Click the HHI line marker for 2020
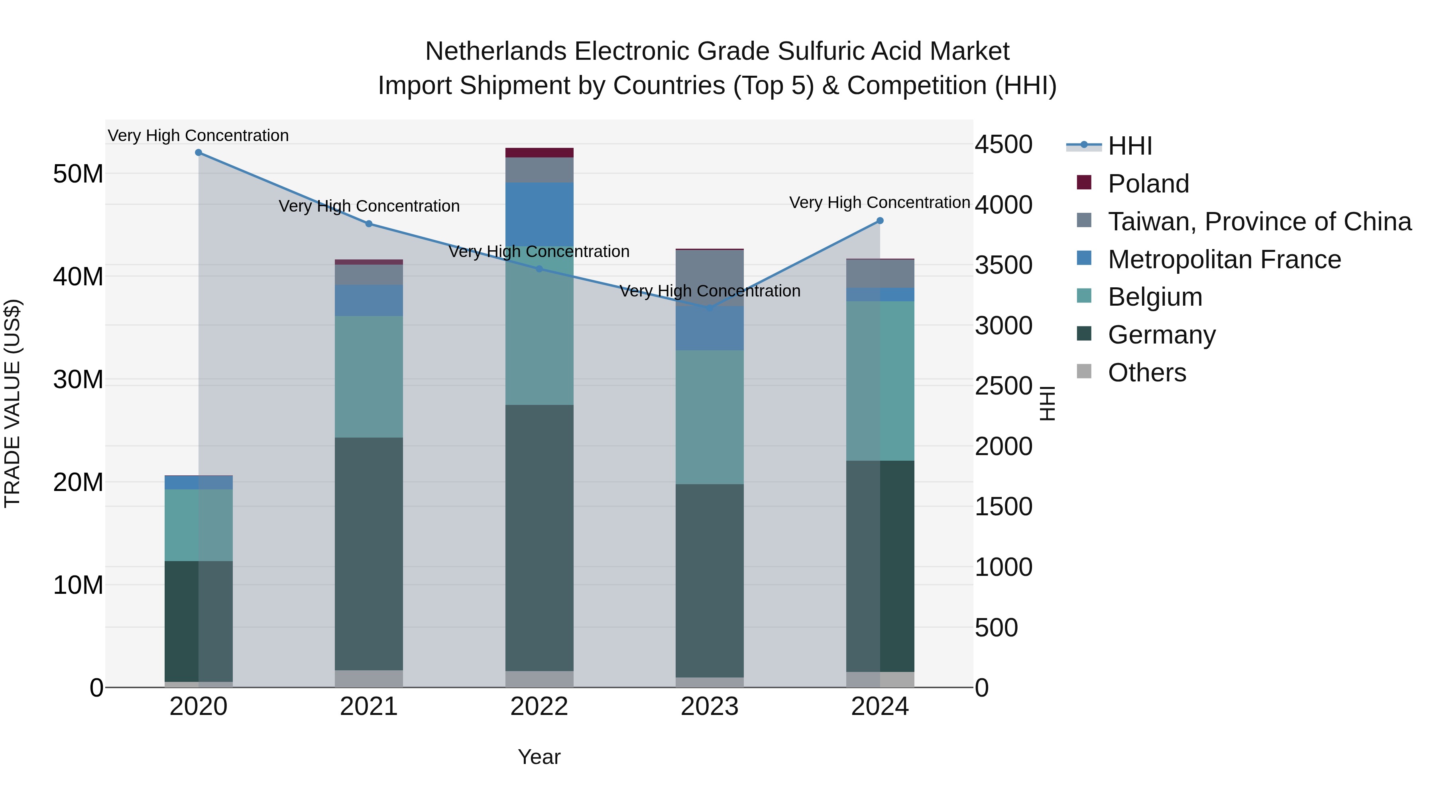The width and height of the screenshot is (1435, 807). (x=199, y=153)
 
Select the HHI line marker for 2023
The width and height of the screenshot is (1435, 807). (x=709, y=308)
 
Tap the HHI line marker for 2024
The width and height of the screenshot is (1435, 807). (x=880, y=220)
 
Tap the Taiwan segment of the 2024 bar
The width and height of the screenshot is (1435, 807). (x=880, y=273)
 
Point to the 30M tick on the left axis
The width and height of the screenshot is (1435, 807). (x=78, y=380)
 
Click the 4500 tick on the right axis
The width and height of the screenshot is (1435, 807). (x=1003, y=144)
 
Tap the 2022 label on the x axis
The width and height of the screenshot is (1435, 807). (x=539, y=707)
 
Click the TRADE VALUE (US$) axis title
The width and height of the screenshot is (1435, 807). (x=12, y=403)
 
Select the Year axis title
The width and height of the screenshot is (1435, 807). (x=539, y=757)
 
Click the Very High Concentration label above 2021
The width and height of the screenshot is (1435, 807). (x=369, y=206)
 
